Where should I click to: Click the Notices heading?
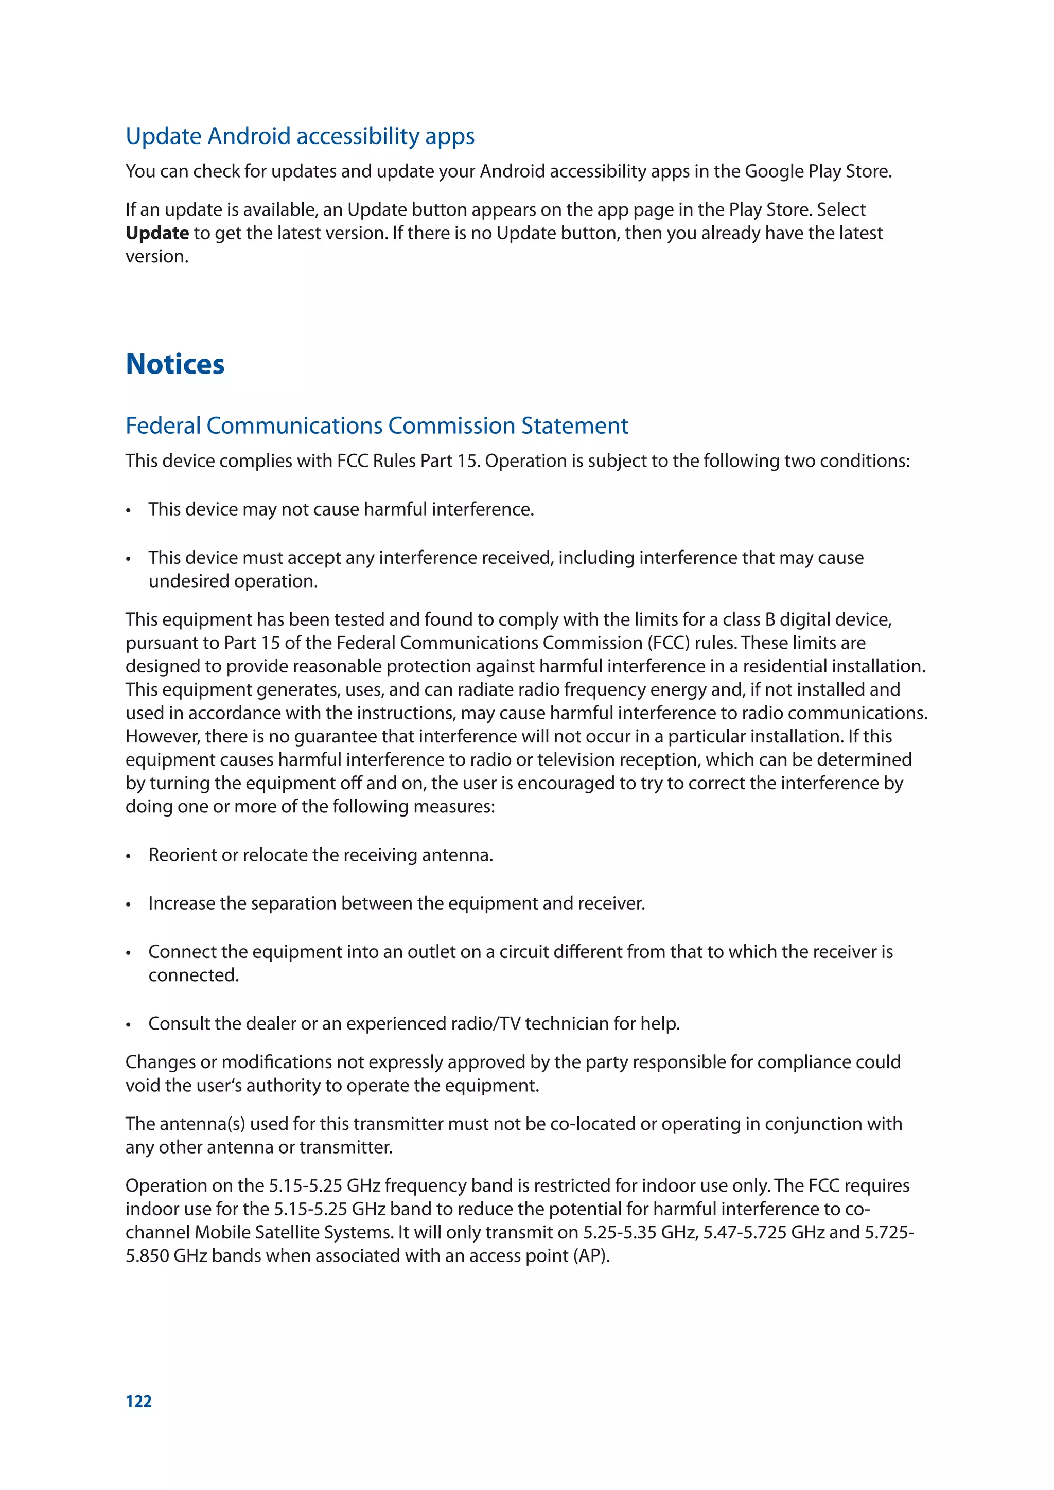(x=175, y=365)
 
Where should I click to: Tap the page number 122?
(x=139, y=1401)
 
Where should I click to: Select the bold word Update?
(x=157, y=233)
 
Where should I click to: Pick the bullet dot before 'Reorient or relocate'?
(x=129, y=857)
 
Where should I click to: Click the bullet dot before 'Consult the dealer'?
(x=129, y=1025)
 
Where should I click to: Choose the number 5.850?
(x=146, y=1256)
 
